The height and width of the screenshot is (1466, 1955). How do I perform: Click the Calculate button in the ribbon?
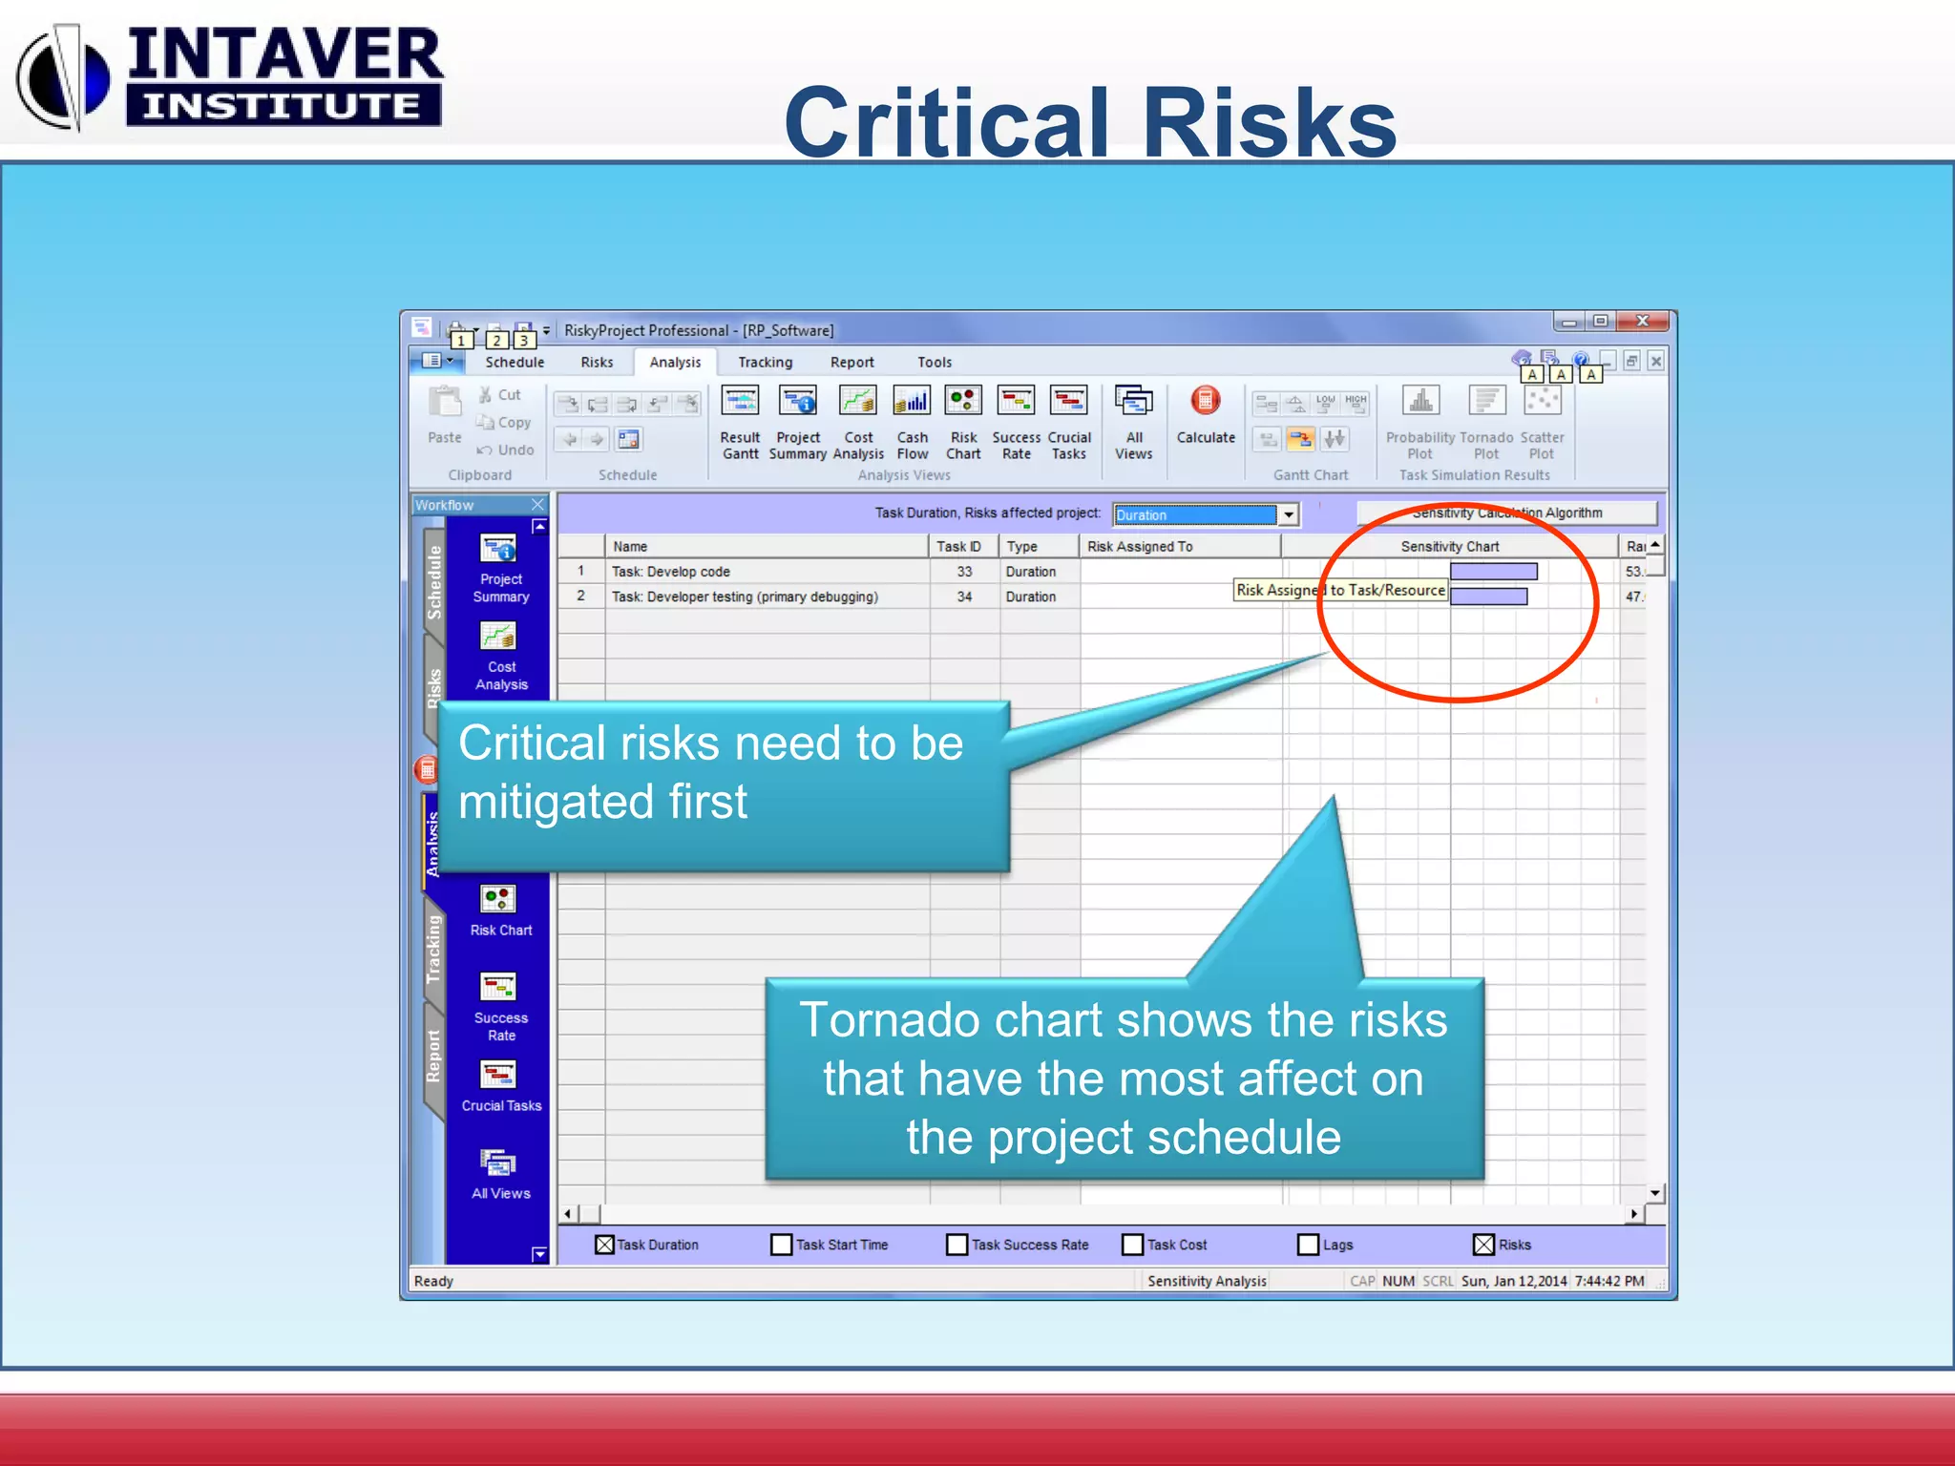(1206, 415)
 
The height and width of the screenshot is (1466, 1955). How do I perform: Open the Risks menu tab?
(597, 363)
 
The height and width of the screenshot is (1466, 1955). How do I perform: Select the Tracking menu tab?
(765, 363)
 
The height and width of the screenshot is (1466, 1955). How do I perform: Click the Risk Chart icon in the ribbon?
(963, 415)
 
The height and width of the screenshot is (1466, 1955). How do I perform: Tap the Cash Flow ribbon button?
(912, 415)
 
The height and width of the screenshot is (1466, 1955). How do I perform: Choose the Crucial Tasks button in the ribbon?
(1069, 415)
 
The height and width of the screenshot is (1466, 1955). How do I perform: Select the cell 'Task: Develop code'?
(671, 572)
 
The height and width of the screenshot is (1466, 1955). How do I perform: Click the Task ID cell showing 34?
(964, 597)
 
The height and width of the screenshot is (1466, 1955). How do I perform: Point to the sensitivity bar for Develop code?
(1493, 572)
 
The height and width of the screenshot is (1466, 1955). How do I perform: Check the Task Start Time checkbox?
(781, 1245)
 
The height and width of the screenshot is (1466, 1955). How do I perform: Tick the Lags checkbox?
(1308, 1245)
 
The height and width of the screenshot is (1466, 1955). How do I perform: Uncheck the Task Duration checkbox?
(604, 1245)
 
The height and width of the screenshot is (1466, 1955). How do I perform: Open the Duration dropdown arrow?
(1289, 514)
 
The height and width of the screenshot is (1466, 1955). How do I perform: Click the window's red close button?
(1642, 322)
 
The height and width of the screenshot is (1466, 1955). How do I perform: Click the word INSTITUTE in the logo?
(283, 106)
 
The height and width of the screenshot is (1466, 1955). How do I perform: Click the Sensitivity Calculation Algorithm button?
(1506, 513)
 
